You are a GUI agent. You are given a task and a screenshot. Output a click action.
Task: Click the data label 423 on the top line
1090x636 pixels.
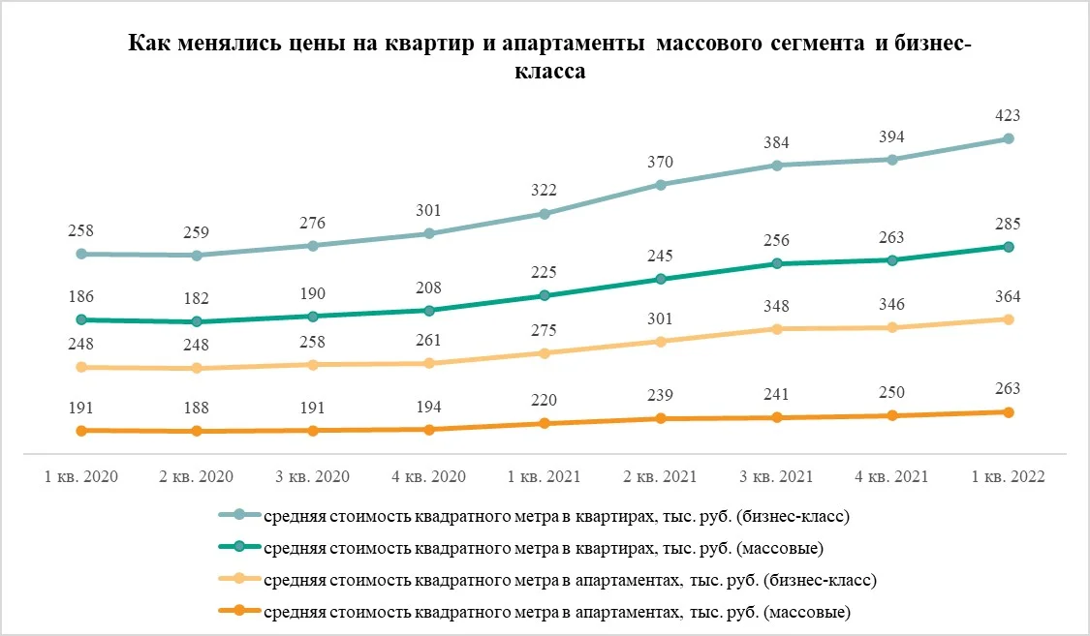click(x=1008, y=115)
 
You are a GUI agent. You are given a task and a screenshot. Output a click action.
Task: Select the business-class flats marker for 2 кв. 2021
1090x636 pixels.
click(x=661, y=185)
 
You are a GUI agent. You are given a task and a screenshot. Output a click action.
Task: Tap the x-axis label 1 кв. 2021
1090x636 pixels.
click(x=544, y=477)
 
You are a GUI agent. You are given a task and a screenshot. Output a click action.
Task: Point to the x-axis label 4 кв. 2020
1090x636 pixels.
click(x=428, y=477)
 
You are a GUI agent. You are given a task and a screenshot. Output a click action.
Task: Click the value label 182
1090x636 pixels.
click(x=196, y=298)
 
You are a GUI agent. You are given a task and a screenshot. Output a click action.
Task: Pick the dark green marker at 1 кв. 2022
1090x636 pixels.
click(x=1009, y=247)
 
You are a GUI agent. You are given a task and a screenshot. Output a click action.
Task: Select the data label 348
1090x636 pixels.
click(x=776, y=306)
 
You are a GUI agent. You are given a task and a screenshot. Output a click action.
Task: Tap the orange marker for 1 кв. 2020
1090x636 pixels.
click(x=81, y=431)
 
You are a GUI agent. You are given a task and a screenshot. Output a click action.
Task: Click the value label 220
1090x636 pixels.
click(x=544, y=400)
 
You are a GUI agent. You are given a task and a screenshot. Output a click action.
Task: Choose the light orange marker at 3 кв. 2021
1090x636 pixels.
click(x=777, y=329)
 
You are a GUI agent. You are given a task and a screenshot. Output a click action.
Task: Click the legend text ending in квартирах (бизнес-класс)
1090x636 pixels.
click(x=556, y=517)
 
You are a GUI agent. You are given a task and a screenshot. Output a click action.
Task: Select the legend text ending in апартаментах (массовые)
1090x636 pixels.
click(x=557, y=613)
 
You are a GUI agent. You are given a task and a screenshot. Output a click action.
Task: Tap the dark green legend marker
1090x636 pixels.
click(x=239, y=547)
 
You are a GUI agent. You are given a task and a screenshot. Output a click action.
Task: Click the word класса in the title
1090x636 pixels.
click(x=550, y=71)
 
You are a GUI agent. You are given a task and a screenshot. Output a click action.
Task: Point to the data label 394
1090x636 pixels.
click(x=892, y=136)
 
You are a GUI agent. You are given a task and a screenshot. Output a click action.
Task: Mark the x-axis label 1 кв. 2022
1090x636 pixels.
click(x=1008, y=477)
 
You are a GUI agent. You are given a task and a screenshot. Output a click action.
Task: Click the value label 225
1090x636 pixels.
click(x=544, y=272)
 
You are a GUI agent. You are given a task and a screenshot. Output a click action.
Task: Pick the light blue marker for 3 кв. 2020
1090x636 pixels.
click(x=313, y=246)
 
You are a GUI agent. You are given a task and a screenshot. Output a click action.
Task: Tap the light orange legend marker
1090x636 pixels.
click(x=239, y=578)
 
